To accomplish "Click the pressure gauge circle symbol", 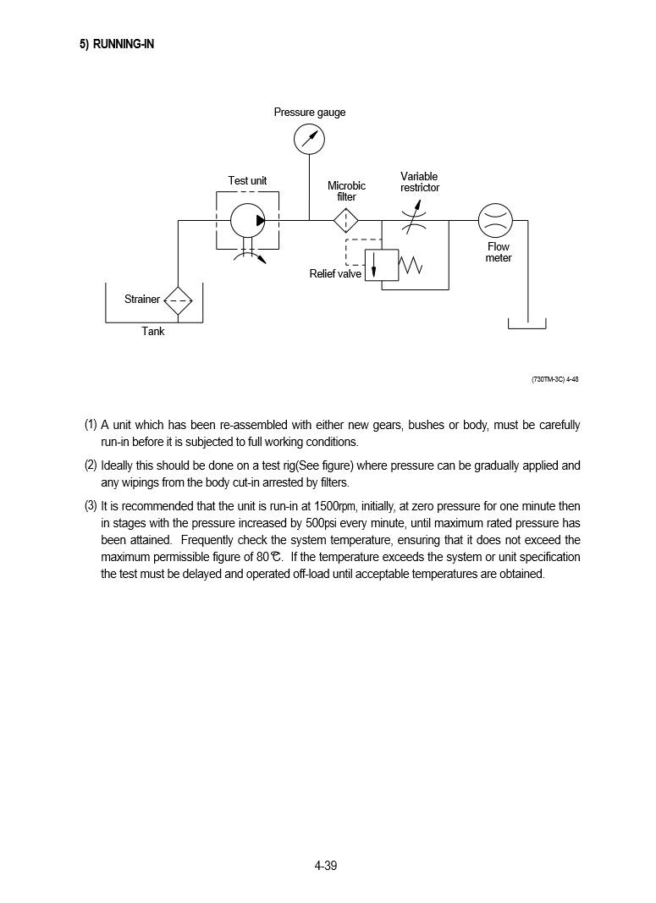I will [310, 140].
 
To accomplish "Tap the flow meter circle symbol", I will [495, 221].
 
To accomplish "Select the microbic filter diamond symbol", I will [345, 221].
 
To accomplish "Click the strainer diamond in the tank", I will [178, 300].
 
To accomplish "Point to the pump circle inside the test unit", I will [248, 221].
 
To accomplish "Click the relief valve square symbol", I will [381, 265].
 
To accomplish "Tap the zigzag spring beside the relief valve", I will [411, 266].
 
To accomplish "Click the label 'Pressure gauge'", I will [309, 113].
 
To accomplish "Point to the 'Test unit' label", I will [247, 181].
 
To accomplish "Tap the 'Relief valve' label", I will [335, 274].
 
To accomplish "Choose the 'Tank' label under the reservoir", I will [153, 332].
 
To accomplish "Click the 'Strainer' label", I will [141, 300].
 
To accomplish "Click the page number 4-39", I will [326, 865].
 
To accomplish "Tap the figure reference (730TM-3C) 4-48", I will [554, 379].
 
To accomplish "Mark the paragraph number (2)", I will [91, 465].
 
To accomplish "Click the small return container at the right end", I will [526, 324].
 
